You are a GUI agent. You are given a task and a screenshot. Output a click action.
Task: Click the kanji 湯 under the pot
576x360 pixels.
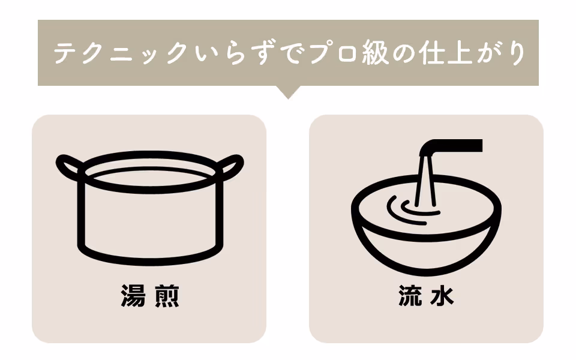click(x=133, y=295)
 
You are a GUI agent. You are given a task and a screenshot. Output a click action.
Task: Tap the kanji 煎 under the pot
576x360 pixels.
click(x=167, y=295)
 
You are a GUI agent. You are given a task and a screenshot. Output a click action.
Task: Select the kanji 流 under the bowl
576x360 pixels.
click(x=410, y=295)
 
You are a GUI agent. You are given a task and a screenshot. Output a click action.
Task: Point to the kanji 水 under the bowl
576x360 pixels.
click(x=443, y=295)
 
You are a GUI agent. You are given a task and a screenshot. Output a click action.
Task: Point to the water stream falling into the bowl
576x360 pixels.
click(x=426, y=181)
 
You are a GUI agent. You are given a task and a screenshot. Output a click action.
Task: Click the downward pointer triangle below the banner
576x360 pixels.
click(x=288, y=91)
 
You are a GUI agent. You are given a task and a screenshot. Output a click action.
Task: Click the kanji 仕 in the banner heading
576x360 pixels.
click(x=433, y=53)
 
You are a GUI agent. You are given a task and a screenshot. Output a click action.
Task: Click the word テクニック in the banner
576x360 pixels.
click(x=121, y=53)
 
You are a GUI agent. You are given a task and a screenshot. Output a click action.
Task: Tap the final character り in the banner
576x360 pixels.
click(x=517, y=53)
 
